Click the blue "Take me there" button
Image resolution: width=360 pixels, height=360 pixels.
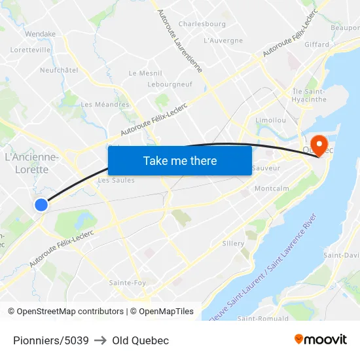pyautogui.click(x=180, y=161)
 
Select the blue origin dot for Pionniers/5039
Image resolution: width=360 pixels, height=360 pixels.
pyautogui.click(x=41, y=205)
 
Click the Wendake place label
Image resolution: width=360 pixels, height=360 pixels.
pyautogui.click(x=40, y=34)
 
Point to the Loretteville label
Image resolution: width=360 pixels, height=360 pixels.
pyautogui.click(x=31, y=49)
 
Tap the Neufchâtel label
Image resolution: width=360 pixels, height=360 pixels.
pyautogui.click(x=59, y=70)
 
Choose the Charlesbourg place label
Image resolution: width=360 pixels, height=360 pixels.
pyautogui.click(x=202, y=24)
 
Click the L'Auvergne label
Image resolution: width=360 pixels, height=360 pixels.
pyautogui.click(x=223, y=41)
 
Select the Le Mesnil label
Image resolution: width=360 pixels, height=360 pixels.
pyautogui.click(x=145, y=73)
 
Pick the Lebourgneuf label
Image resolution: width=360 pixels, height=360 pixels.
pyautogui.click(x=170, y=84)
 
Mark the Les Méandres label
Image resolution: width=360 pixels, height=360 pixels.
pyautogui.click(x=105, y=105)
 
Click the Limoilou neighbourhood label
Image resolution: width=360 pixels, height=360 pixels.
pyautogui.click(x=270, y=120)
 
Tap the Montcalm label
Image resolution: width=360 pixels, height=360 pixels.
pyautogui.click(x=272, y=189)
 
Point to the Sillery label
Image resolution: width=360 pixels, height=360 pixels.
pyautogui.click(x=233, y=243)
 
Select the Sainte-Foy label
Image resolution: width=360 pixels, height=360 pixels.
pyautogui.click(x=128, y=283)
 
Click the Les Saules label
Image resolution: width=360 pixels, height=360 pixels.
pyautogui.click(x=116, y=181)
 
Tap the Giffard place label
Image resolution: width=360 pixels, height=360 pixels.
pyautogui.click(x=317, y=45)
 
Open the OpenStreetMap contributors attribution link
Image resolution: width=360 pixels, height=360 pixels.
pyautogui.click(x=65, y=312)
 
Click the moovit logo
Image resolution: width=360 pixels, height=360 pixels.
pyautogui.click(x=321, y=340)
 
